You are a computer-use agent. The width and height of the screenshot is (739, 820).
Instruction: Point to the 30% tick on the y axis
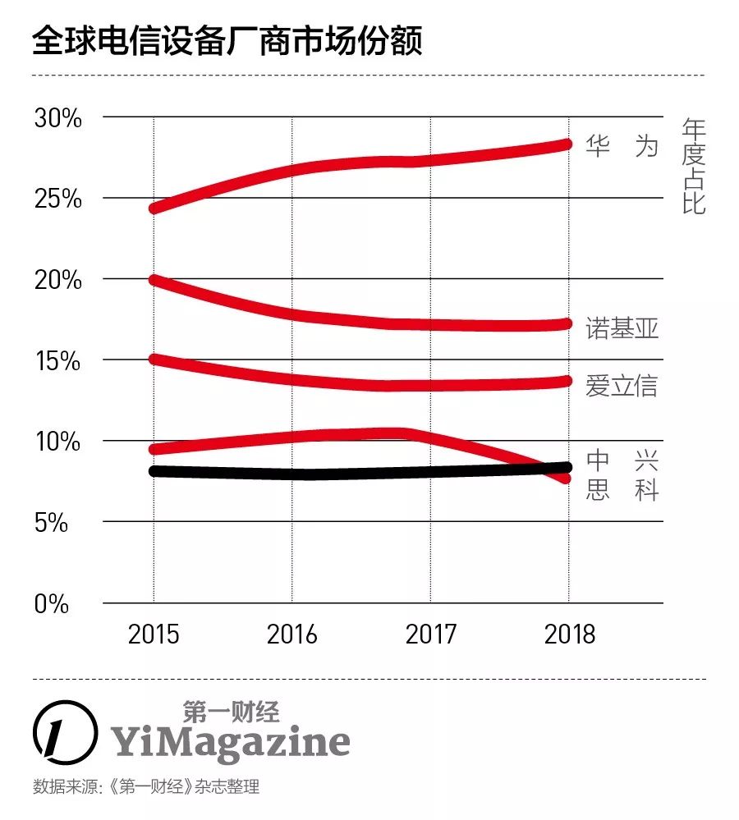click(58, 118)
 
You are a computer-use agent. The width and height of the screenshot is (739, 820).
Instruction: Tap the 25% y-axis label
click(58, 199)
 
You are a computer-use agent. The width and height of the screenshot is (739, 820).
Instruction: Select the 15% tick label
click(58, 360)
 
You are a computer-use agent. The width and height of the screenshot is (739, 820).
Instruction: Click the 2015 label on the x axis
click(154, 634)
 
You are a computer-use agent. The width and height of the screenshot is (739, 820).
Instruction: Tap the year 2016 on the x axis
click(293, 634)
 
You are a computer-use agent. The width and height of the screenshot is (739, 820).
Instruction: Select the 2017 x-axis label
click(430, 634)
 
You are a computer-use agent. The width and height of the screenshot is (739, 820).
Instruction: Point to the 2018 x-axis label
click(568, 634)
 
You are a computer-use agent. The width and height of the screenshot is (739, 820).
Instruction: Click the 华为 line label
click(622, 146)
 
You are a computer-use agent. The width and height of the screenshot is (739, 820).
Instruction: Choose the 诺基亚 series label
click(622, 328)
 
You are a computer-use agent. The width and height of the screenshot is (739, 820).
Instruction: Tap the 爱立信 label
click(622, 385)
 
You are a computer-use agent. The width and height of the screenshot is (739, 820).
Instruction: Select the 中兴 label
click(622, 460)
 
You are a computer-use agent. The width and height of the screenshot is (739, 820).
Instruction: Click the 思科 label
click(622, 491)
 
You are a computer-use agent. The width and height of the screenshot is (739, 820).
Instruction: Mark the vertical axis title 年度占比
click(694, 167)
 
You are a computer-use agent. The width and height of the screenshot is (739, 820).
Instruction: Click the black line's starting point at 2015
click(154, 471)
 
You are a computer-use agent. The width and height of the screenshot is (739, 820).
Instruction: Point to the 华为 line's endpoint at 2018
click(566, 144)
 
